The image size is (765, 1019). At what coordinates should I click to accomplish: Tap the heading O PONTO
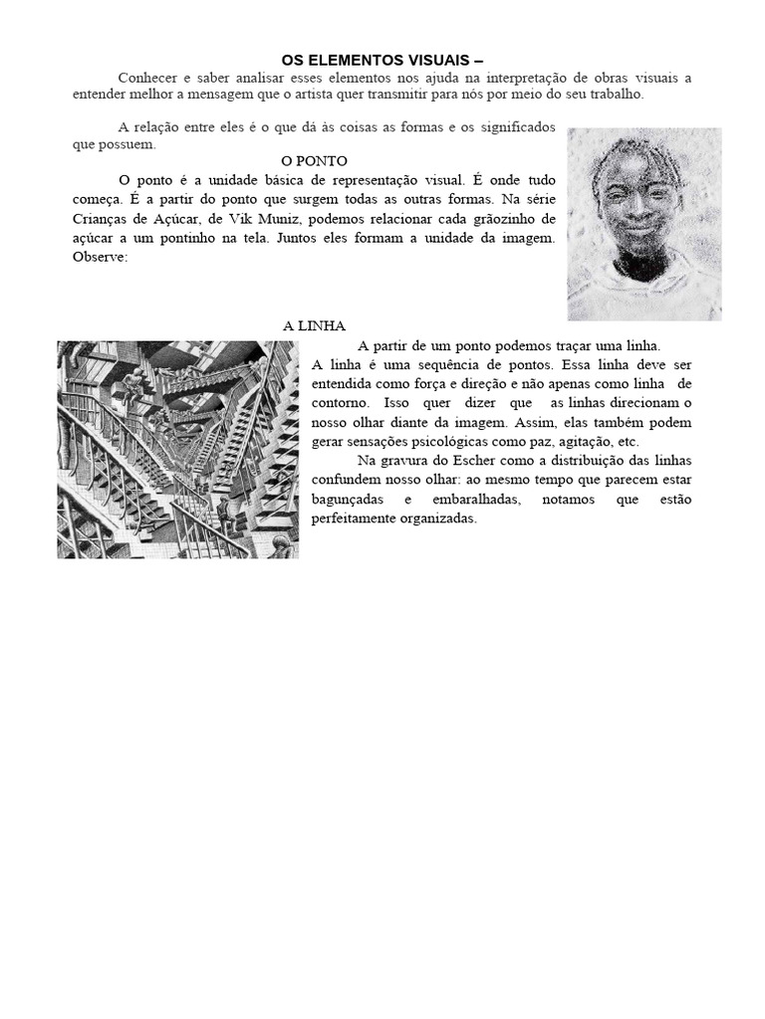point(314,161)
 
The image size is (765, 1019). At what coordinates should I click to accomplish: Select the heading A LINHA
point(314,326)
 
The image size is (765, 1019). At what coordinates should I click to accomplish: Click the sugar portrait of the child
point(643,224)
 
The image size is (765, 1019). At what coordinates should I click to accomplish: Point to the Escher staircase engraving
point(177,449)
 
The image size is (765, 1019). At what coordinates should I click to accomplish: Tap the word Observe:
point(101,257)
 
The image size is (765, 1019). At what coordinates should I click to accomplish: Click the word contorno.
point(341,403)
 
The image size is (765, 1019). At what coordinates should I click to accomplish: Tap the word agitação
point(579,442)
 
